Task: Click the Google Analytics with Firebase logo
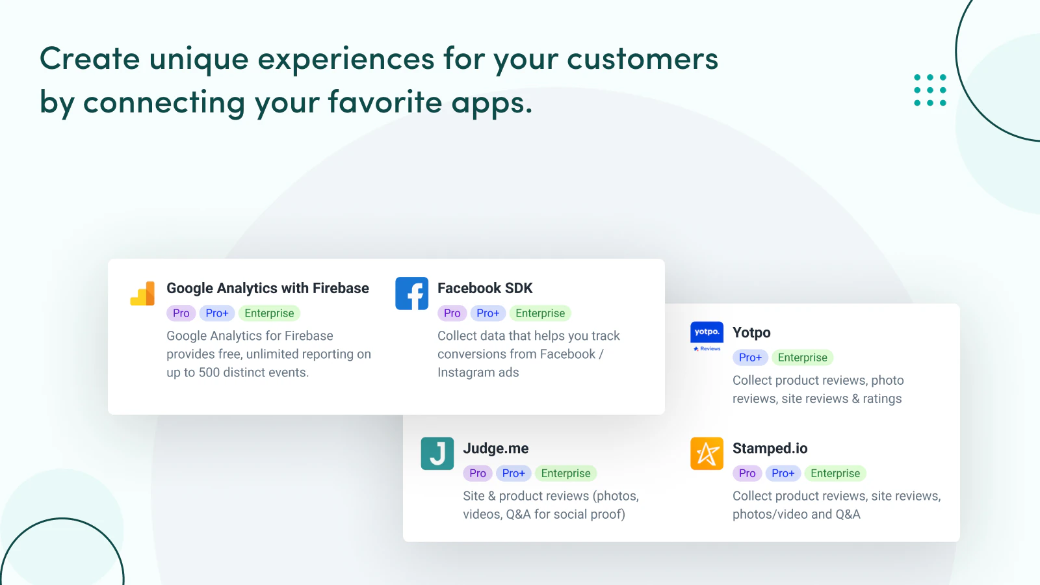[x=142, y=293]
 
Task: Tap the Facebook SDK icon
[x=412, y=293]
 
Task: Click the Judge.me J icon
[x=437, y=453]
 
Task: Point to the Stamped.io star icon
[x=707, y=453]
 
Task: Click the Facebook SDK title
[x=485, y=289]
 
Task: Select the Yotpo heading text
[x=751, y=333]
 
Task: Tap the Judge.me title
[x=495, y=448]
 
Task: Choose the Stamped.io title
[x=770, y=448]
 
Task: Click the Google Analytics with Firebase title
[x=268, y=289]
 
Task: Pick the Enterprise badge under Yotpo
[x=802, y=357]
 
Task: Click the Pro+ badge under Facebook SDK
[x=488, y=313]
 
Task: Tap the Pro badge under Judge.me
[x=477, y=473]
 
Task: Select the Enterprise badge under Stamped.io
[x=835, y=473]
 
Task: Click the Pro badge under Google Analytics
[x=181, y=313]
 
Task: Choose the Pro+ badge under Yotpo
[x=750, y=357]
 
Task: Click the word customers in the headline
[x=643, y=59]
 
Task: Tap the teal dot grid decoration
[x=930, y=90]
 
